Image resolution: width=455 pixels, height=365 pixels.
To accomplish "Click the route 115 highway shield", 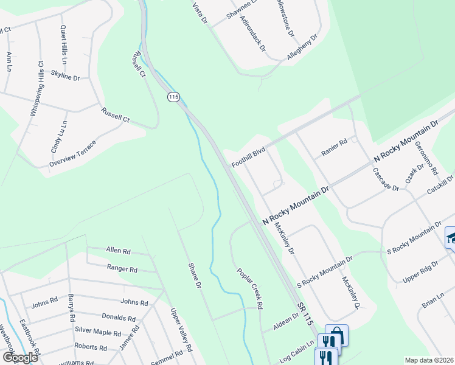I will click(x=174, y=97).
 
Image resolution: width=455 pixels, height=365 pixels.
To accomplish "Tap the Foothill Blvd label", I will click(x=249, y=156).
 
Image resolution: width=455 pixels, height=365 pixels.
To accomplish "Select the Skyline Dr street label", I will click(x=66, y=75).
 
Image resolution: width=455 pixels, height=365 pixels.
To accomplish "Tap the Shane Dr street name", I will click(x=193, y=276).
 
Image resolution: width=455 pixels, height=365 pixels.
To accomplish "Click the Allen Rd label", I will click(x=118, y=251).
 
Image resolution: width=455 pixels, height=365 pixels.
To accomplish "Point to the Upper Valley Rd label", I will click(x=181, y=330).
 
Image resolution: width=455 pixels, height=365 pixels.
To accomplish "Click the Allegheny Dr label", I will click(x=303, y=47).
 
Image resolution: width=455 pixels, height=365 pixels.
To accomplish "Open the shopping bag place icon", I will click(x=336, y=335).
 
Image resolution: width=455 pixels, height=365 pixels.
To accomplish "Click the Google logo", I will click(x=19, y=357).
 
